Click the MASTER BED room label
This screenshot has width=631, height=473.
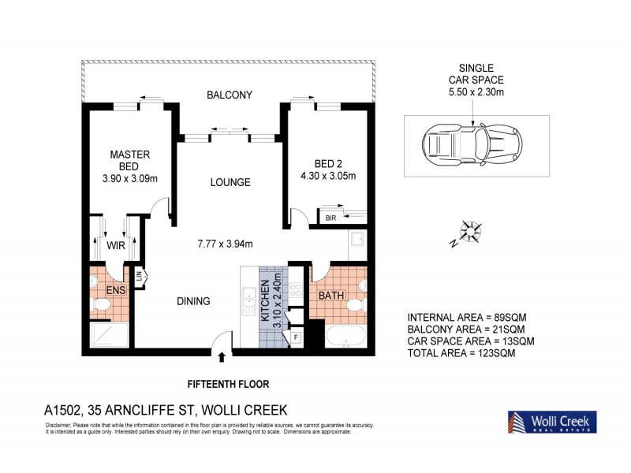[129, 160]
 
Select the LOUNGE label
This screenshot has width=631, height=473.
[230, 182]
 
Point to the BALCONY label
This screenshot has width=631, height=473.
[229, 95]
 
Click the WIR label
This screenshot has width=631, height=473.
[117, 246]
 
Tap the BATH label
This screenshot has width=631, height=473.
[330, 296]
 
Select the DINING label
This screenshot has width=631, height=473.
[192, 300]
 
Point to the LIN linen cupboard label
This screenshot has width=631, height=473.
[139, 277]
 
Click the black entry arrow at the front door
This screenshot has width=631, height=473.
[222, 357]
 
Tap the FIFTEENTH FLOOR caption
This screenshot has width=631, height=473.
[228, 384]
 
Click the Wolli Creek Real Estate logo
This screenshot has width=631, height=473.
[551, 422]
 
